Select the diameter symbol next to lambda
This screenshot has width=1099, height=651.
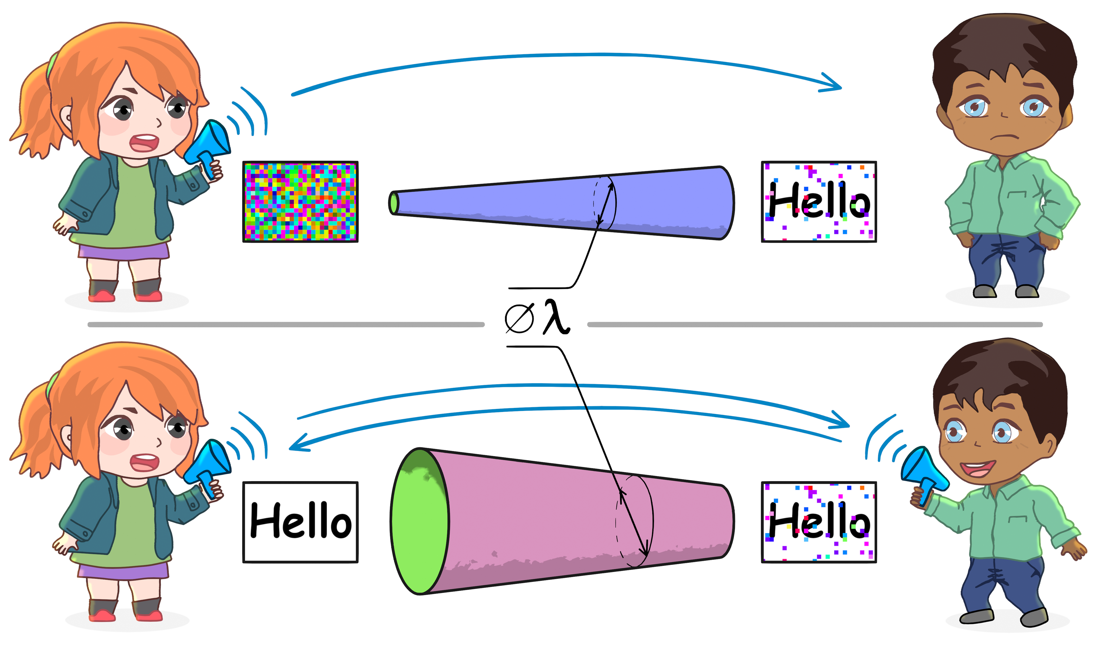pos(519,318)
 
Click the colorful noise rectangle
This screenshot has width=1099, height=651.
pos(301,202)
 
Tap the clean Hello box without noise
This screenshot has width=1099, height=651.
pos(301,522)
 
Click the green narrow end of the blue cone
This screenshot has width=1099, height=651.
pos(393,203)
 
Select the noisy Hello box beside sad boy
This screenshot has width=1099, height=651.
pos(819,202)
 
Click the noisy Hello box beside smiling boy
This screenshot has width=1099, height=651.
pos(819,522)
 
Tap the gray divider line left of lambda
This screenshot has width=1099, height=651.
pos(285,324)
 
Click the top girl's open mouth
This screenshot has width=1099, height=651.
pos(144,142)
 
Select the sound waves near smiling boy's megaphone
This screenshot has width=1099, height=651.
pos(882,439)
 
